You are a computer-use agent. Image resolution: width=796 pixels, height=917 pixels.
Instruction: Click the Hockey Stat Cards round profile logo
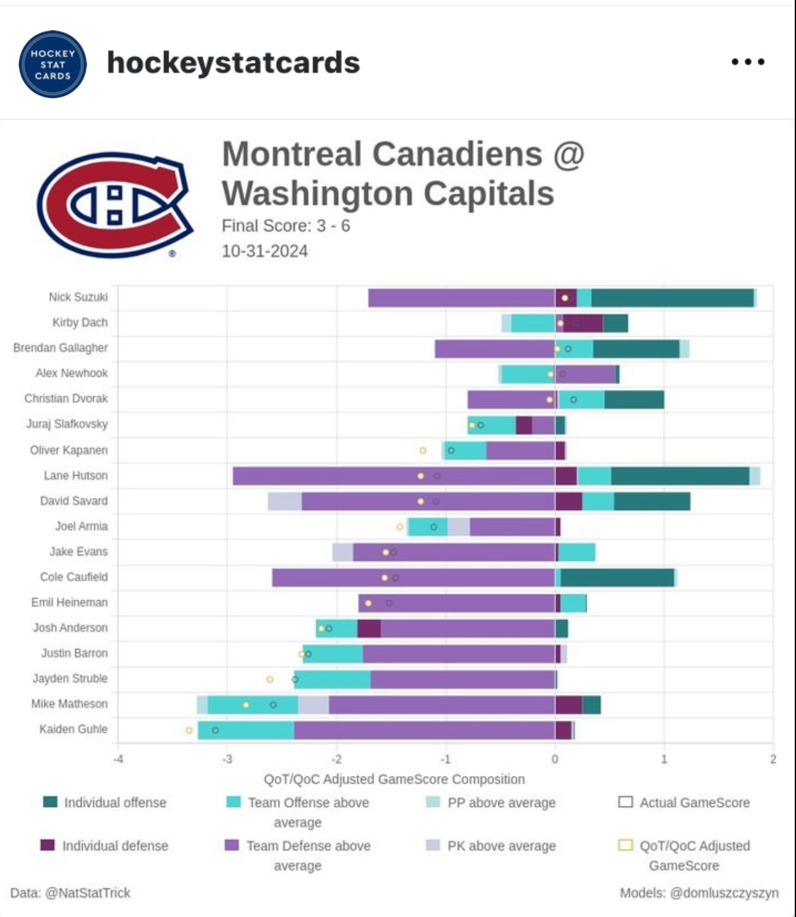(53, 64)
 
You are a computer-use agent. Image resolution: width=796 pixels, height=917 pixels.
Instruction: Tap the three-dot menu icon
(748, 62)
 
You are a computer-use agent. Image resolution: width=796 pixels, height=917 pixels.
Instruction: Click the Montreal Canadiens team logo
(115, 204)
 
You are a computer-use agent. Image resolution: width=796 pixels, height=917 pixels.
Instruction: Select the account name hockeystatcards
(233, 63)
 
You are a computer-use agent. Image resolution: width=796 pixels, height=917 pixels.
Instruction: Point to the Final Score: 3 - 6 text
(286, 226)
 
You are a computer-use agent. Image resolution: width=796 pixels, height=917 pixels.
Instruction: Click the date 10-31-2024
(265, 251)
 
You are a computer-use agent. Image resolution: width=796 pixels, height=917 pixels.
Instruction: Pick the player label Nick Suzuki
(78, 297)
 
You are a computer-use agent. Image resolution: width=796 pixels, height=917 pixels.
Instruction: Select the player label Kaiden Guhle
(73, 729)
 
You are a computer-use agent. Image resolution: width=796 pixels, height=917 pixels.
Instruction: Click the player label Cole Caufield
(74, 577)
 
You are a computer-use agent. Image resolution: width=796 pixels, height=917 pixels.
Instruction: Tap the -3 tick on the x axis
(227, 760)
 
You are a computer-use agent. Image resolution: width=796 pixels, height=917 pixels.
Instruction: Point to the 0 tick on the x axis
(554, 760)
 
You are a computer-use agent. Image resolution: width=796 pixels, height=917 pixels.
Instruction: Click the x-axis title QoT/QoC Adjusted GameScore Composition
(394, 779)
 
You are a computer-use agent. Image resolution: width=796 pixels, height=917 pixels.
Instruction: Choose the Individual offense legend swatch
(50, 802)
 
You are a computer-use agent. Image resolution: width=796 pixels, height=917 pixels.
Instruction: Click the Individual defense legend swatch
(48, 845)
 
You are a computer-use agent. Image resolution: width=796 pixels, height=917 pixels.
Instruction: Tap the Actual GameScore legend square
(625, 802)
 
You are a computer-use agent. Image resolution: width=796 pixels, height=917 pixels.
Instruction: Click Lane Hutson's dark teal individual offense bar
(680, 476)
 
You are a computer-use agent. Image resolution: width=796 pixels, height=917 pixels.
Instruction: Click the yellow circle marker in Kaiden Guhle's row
(189, 731)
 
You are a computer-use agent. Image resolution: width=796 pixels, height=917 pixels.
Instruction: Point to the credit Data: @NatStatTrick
(70, 893)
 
